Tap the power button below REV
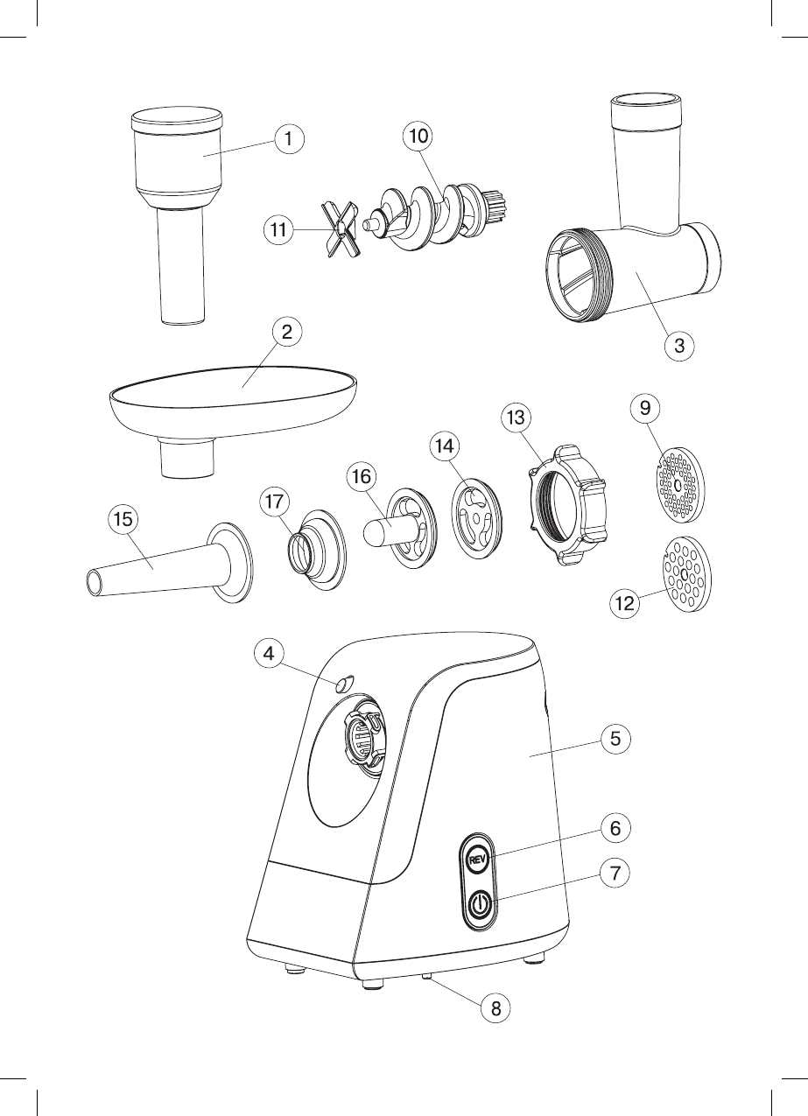coord(478,905)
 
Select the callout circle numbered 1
coord(289,137)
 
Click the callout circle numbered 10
coord(418,136)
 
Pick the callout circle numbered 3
coord(678,345)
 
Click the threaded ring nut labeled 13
coord(566,507)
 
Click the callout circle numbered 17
coord(276,502)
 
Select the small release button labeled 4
coord(343,683)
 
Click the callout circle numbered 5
coord(615,738)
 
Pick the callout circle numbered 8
coord(495,1008)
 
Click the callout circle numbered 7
coord(615,873)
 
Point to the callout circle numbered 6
coord(615,826)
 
